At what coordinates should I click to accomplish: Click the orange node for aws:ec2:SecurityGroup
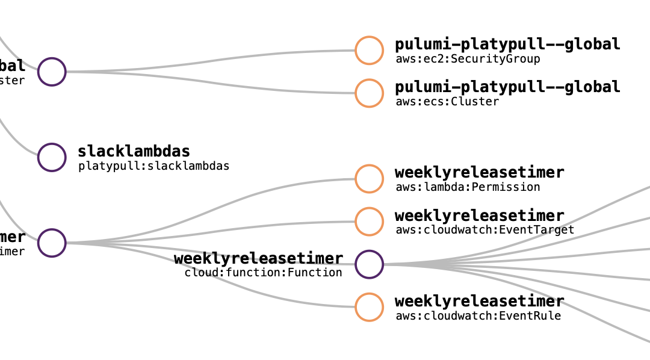click(369, 51)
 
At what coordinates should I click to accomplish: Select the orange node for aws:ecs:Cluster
click(369, 93)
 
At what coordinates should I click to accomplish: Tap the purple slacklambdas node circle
click(52, 157)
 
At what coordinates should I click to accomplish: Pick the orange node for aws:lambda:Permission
click(369, 179)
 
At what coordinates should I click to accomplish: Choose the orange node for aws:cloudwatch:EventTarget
click(369, 222)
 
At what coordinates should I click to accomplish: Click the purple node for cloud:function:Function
click(369, 264)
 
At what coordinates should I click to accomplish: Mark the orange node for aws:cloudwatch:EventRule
click(369, 307)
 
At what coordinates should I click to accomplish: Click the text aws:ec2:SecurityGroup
click(468, 59)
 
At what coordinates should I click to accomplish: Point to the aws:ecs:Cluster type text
click(447, 102)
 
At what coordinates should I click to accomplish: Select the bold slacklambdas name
click(134, 151)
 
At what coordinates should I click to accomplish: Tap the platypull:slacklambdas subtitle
click(153, 166)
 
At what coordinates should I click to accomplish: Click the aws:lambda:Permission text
click(468, 187)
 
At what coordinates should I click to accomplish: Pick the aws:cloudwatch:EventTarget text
click(484, 230)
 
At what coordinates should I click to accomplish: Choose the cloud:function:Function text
click(263, 273)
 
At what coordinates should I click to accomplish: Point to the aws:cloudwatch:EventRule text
click(478, 316)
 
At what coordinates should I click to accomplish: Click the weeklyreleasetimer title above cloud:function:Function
click(258, 259)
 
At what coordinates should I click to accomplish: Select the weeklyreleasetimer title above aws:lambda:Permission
click(479, 173)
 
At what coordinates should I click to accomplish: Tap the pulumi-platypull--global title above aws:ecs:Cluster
click(507, 87)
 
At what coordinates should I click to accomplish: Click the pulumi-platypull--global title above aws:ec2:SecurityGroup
click(507, 45)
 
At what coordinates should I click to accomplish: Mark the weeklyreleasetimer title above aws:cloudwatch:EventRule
click(479, 301)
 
